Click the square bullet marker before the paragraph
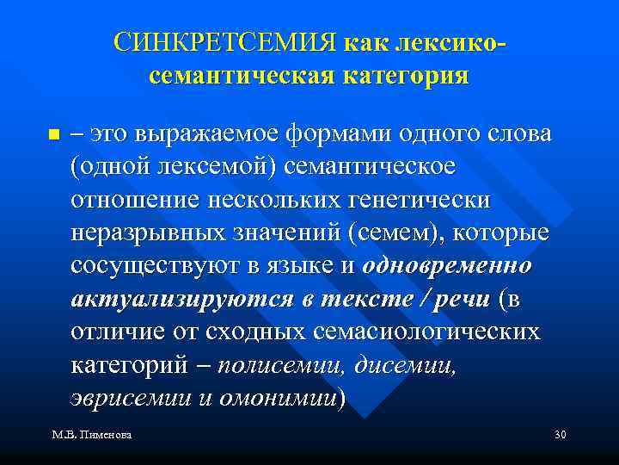tap(53, 135)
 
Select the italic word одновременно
tap(447, 266)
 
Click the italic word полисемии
tap(280, 365)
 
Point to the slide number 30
tap(561, 437)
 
